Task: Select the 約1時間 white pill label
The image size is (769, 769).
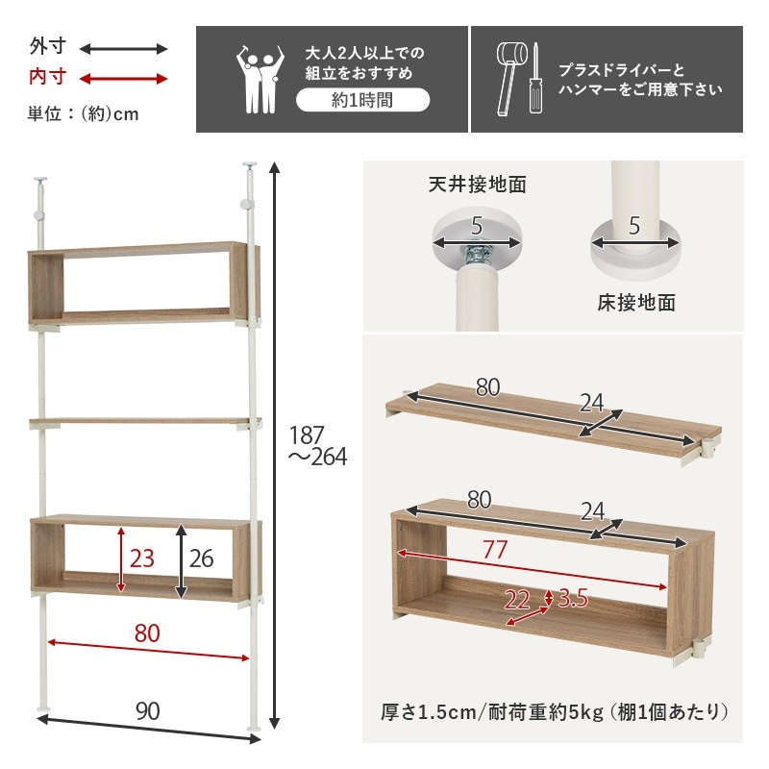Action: click(362, 100)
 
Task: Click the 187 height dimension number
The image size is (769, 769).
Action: click(309, 434)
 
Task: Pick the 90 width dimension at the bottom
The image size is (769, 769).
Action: click(147, 711)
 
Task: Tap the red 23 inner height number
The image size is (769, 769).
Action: click(141, 558)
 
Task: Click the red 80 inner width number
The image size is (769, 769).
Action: click(147, 633)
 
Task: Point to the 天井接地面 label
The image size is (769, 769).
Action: click(477, 184)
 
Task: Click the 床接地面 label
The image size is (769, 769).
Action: click(635, 303)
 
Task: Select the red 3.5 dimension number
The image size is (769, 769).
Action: click(572, 599)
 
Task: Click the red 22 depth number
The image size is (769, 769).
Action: click(517, 600)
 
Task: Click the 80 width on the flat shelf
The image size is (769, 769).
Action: click(488, 388)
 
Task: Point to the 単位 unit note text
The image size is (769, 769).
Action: click(83, 113)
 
